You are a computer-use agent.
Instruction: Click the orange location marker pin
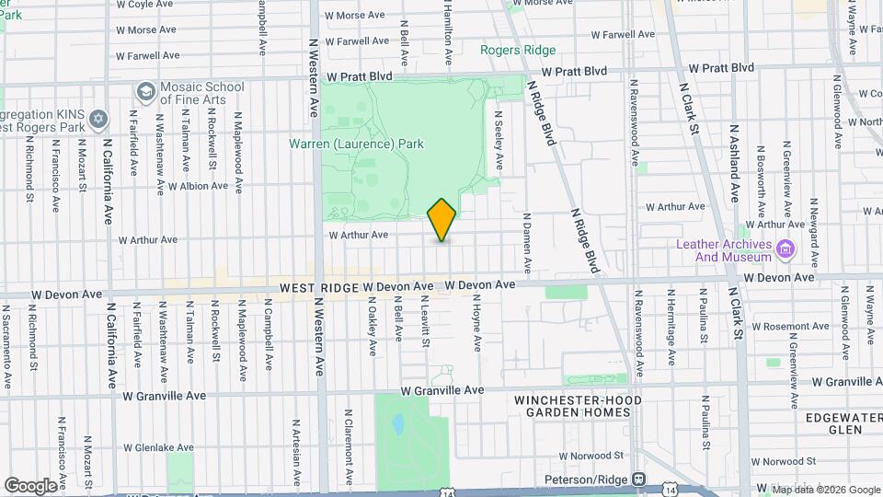click(441, 220)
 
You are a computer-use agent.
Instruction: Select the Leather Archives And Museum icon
click(786, 249)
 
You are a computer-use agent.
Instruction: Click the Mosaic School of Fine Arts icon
click(145, 92)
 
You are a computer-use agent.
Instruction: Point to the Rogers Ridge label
click(518, 51)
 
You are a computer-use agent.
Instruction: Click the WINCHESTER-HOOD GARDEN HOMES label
click(572, 406)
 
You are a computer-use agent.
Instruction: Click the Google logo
click(30, 485)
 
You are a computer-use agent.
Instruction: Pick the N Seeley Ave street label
click(499, 140)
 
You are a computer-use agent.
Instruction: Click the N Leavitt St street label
click(425, 321)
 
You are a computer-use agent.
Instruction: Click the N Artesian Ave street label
click(296, 450)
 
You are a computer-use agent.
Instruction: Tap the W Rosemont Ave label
click(767, 326)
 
